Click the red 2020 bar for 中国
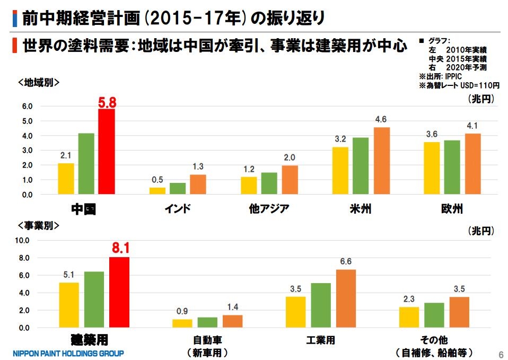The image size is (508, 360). pyautogui.click(x=107, y=152)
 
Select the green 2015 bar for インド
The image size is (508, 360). pyautogui.click(x=178, y=189)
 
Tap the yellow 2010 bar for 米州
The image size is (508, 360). pyautogui.click(x=340, y=171)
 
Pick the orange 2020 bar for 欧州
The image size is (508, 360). pyautogui.click(x=472, y=164)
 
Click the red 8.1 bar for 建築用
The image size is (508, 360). pyautogui.click(x=119, y=292)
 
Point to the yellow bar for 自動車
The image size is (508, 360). pyautogui.click(x=182, y=323)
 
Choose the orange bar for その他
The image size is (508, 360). pyautogui.click(x=460, y=312)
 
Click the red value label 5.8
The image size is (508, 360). pyautogui.click(x=107, y=101)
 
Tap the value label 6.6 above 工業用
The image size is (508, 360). pyautogui.click(x=346, y=261)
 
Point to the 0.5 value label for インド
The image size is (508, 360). pyautogui.click(x=157, y=180)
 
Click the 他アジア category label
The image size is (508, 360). pyautogui.click(x=269, y=208)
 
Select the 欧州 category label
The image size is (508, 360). pyautogui.click(x=452, y=208)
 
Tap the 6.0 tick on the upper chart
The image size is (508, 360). pyautogui.click(x=27, y=106)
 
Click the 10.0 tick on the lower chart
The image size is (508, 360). pyautogui.click(x=25, y=240)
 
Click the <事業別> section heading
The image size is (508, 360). pyautogui.click(x=38, y=225)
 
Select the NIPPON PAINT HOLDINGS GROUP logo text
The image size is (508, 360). pyautogui.click(x=68, y=353)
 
